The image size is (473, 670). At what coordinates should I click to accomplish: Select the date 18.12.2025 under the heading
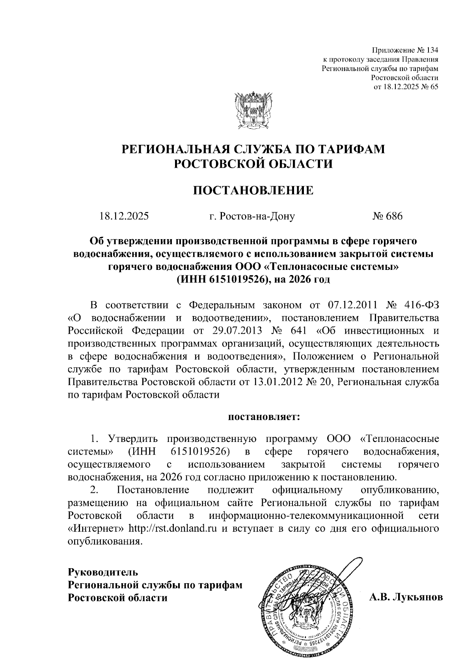tap(124, 216)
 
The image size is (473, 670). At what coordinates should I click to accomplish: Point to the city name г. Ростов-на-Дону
tap(252, 216)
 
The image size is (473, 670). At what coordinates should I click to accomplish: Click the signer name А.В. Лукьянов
tap(406, 597)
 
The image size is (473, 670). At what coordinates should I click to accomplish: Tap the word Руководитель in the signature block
tap(103, 572)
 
